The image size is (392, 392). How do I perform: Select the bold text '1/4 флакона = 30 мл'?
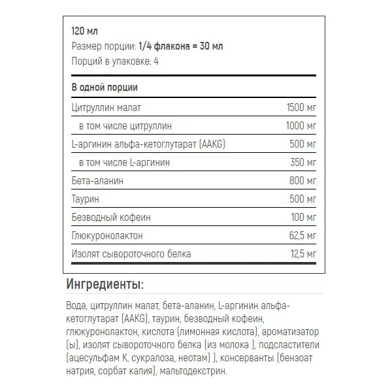pos(181,46)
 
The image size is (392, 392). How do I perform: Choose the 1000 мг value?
pos(302,125)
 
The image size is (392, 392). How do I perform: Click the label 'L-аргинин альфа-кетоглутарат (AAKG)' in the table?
pos(150,144)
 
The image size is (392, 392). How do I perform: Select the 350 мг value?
pos(304,162)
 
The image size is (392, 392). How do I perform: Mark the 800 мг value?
pos(304,180)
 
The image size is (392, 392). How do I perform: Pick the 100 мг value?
pos(304,217)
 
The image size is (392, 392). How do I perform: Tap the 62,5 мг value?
pos(303,235)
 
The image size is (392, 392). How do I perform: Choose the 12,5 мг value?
pos(304,253)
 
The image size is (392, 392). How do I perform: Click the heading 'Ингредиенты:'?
pos(105,285)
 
